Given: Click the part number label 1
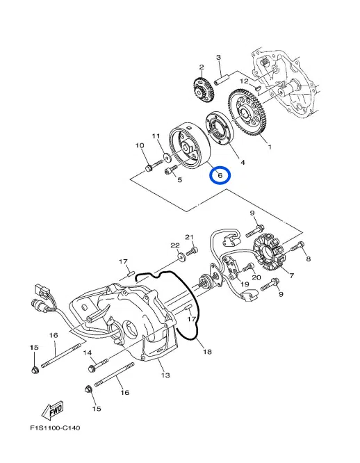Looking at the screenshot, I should (x=270, y=147).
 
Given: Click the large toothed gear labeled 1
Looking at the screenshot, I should (x=249, y=114).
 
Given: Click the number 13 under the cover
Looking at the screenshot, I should (x=165, y=376).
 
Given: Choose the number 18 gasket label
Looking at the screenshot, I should (x=207, y=352).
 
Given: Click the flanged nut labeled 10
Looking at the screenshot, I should (x=149, y=168).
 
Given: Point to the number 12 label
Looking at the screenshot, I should (x=244, y=81).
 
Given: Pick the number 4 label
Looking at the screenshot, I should (x=243, y=162).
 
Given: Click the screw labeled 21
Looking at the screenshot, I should (x=193, y=249).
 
